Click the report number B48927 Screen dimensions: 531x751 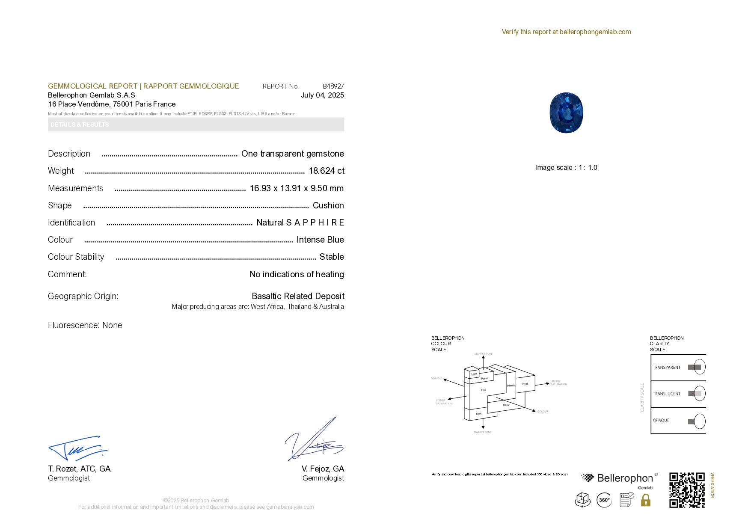pos(333,86)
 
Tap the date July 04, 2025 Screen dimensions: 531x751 pos(322,95)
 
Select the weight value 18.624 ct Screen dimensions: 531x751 pos(327,171)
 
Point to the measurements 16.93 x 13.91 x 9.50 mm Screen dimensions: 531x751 pos(297,188)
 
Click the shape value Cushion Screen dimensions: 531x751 pos(328,205)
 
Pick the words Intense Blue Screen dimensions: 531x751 pos(320,240)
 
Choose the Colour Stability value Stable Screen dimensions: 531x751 pos(332,257)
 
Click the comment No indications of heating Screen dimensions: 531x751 pos(297,274)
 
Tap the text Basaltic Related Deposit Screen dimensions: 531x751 pos(298,296)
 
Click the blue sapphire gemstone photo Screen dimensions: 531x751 pos(566,113)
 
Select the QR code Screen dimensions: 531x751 pos(686,490)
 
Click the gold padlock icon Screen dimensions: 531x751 pos(645,500)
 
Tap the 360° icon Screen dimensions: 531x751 pos(604,500)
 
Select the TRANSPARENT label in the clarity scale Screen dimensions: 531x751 pos(666,367)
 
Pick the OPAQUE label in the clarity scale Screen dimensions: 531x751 pos(661,420)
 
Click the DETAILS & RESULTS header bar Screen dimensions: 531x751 pos(196,125)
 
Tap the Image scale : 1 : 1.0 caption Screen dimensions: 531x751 pos(566,167)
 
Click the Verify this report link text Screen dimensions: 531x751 pos(566,32)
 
